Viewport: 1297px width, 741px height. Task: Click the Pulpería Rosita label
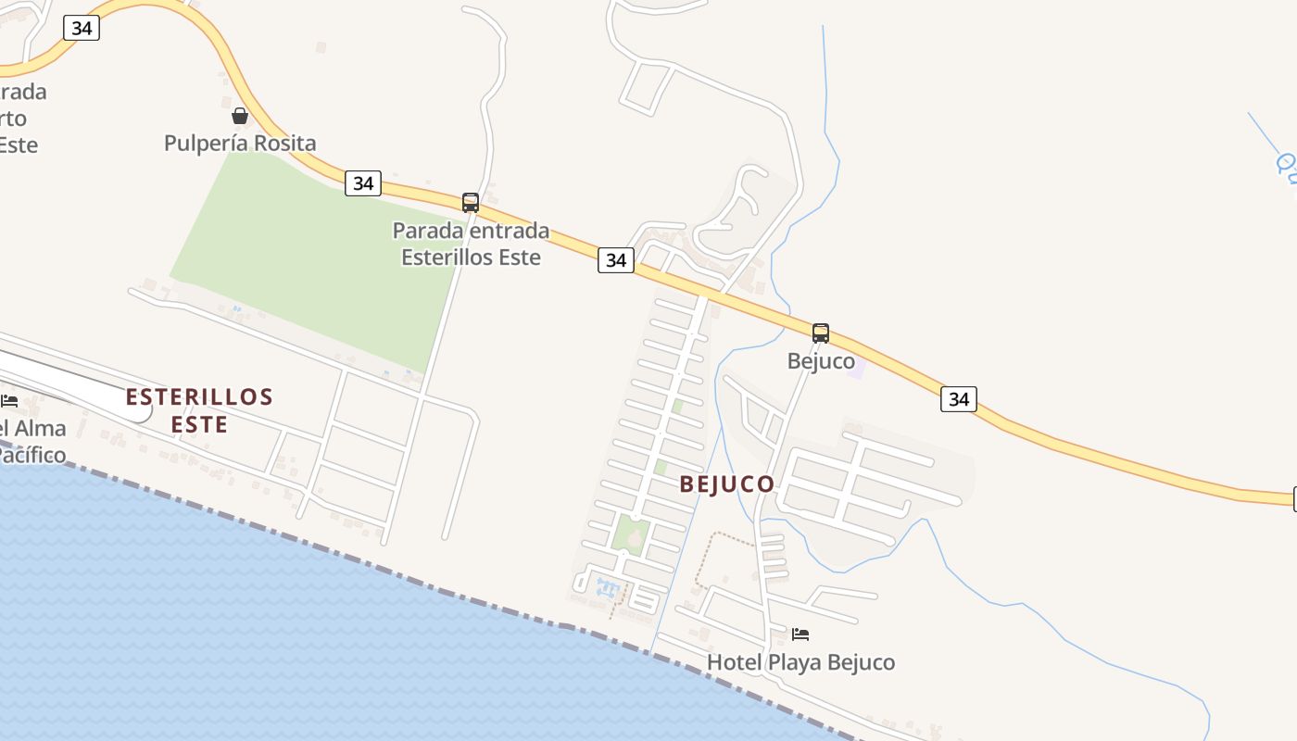(x=240, y=144)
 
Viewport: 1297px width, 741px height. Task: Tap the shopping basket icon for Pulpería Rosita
(x=240, y=116)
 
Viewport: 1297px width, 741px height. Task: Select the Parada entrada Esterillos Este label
(x=471, y=244)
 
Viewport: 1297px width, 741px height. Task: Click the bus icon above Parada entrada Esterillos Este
(x=471, y=203)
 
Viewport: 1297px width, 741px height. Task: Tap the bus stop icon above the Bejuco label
(x=821, y=333)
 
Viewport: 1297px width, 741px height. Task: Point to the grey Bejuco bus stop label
(x=821, y=361)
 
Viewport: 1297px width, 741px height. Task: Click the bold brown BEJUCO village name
(x=727, y=484)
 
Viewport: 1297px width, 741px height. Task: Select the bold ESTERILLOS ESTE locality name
(x=199, y=410)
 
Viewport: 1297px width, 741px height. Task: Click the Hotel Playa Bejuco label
(x=801, y=662)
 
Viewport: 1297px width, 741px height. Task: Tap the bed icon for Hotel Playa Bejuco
(x=801, y=634)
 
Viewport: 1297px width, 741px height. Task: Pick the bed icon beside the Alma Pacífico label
(x=9, y=401)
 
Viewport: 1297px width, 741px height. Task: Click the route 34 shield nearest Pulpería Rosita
(x=363, y=183)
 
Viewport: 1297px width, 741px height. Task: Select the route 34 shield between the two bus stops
(x=616, y=260)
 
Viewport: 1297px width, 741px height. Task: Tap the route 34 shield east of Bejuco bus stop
(x=959, y=399)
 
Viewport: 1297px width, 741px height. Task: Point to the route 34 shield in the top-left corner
(x=82, y=28)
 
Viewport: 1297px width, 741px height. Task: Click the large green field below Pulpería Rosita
(x=315, y=259)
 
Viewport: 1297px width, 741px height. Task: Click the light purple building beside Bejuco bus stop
(x=857, y=369)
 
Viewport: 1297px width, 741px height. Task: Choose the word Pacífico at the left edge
(x=32, y=455)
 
